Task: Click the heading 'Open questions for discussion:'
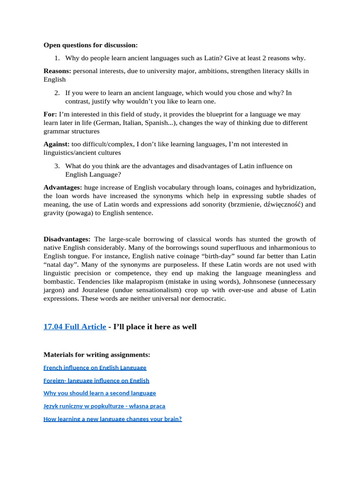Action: coord(90,45)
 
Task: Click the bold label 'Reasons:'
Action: coord(57,71)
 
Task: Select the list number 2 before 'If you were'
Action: coord(56,93)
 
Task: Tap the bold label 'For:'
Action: coord(50,114)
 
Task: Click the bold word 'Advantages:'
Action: coord(63,187)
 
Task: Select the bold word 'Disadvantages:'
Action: coord(67,239)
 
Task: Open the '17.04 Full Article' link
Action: coord(75,327)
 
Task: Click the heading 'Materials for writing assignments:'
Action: coord(97,354)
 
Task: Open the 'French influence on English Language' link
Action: coord(95,367)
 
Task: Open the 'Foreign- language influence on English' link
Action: coord(96,381)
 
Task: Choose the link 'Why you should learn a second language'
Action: coord(99,393)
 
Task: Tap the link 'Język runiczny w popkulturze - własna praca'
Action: coord(104,406)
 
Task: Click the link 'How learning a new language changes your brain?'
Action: coord(112,419)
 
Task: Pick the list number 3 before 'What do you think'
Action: coord(56,166)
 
